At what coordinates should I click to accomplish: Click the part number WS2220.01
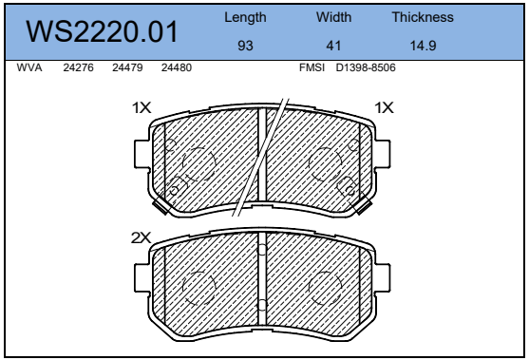[102, 31]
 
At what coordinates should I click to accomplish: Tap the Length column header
[245, 17]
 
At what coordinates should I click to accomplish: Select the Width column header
[333, 17]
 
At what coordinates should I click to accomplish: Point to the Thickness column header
[423, 17]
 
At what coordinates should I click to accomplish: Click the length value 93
[245, 46]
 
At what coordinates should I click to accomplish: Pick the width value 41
[333, 46]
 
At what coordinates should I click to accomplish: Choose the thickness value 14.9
[423, 46]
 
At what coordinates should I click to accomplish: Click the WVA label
[29, 67]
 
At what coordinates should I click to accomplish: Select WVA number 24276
[78, 67]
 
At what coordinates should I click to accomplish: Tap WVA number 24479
[127, 67]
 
